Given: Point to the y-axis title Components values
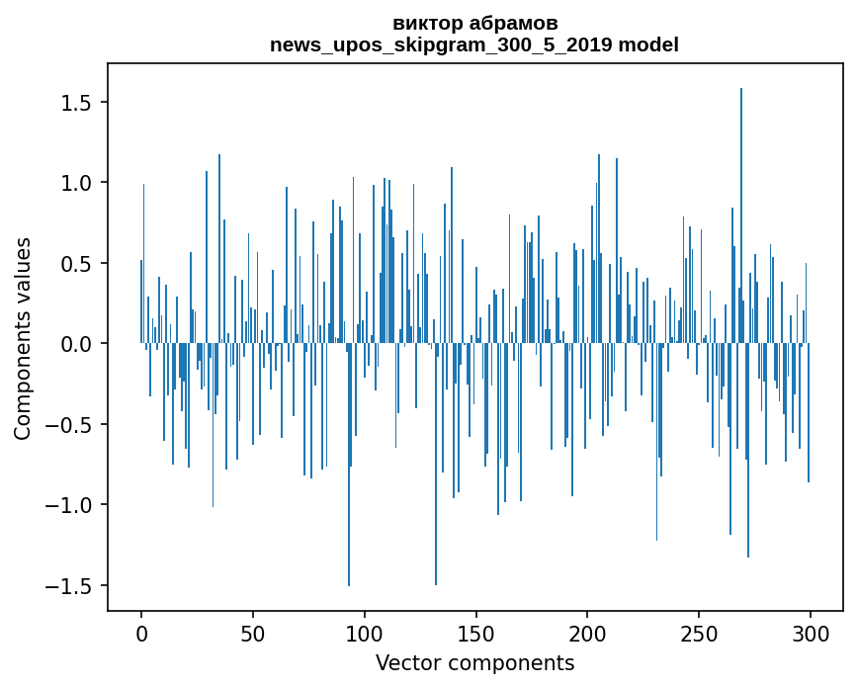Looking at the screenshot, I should click(x=23, y=338).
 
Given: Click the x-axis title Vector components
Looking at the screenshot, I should click(x=474, y=662).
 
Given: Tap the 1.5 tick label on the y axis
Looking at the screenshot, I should click(x=76, y=103).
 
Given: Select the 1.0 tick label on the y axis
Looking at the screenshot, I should click(x=76, y=183).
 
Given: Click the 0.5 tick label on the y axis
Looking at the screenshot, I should click(x=76, y=264).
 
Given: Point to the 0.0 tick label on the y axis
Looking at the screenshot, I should click(x=76, y=344).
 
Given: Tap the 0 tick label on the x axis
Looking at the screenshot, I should click(x=141, y=633).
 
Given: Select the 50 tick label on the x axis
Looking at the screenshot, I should click(x=253, y=633).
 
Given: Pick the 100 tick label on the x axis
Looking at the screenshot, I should click(x=365, y=633).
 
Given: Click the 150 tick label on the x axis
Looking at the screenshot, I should click(x=475, y=633).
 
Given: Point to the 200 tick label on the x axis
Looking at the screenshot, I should click(x=587, y=633).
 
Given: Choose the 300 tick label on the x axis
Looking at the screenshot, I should click(x=810, y=633).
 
